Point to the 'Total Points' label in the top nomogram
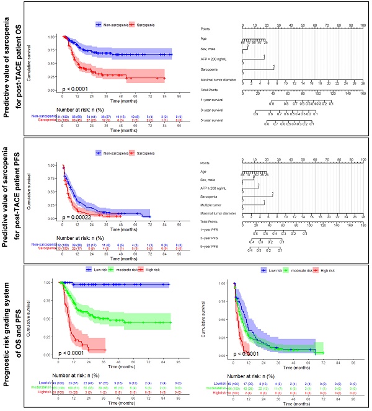(x=211, y=89)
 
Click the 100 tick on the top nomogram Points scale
(x=362, y=26)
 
